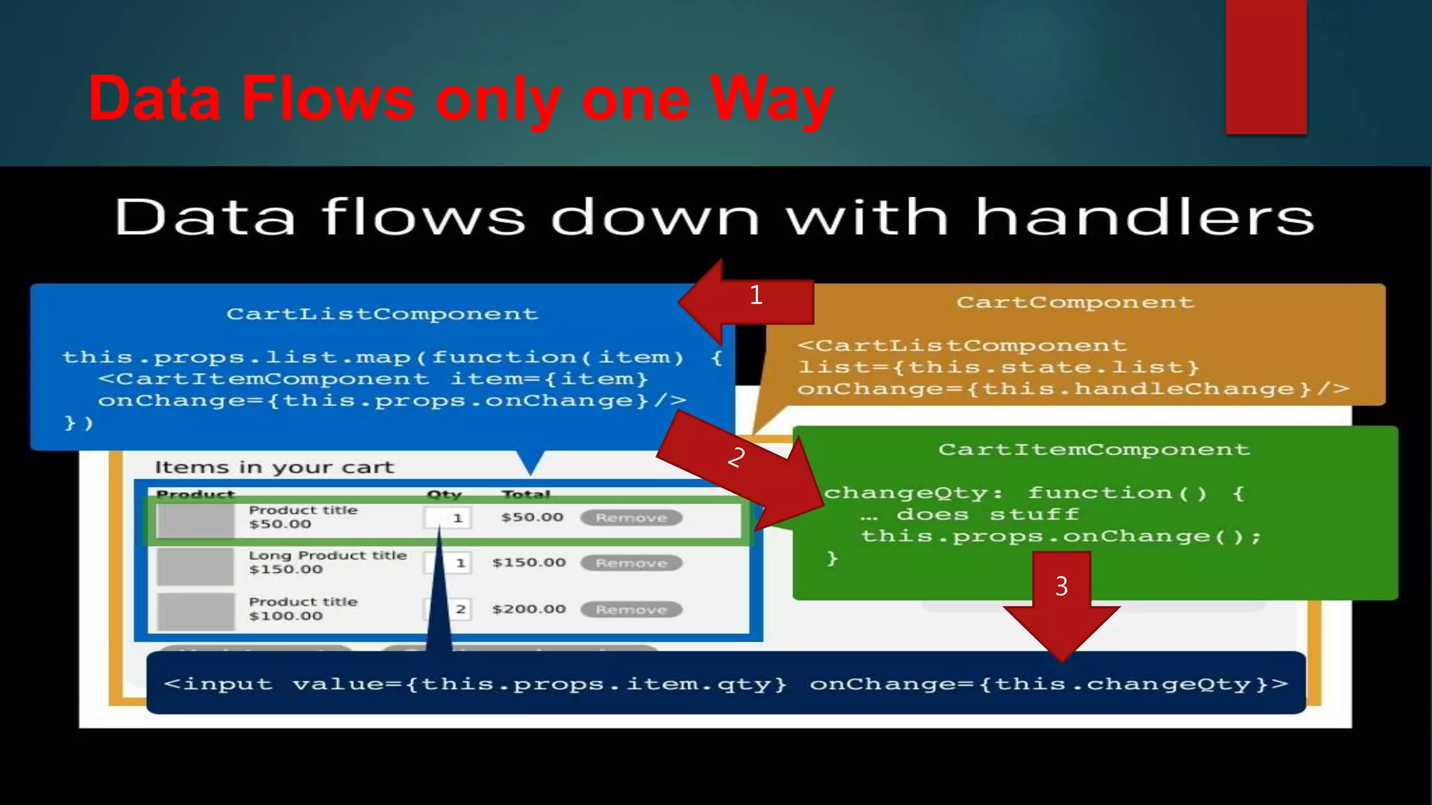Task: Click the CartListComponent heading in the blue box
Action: click(382, 314)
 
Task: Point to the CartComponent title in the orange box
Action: click(1075, 303)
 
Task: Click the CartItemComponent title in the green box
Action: click(1094, 449)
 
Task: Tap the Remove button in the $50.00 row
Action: click(631, 518)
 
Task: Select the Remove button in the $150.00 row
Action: click(631, 563)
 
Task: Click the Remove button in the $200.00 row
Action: click(631, 610)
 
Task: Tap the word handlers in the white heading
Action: click(1144, 217)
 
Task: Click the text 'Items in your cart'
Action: click(274, 467)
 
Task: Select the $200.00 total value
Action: click(529, 609)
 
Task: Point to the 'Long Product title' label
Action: click(327, 556)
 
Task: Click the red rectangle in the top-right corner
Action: click(1266, 66)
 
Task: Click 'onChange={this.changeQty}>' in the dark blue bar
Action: click(1048, 683)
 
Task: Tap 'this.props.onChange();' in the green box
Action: click(1061, 537)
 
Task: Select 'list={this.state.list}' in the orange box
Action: click(998, 368)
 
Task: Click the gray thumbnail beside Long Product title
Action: click(195, 566)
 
